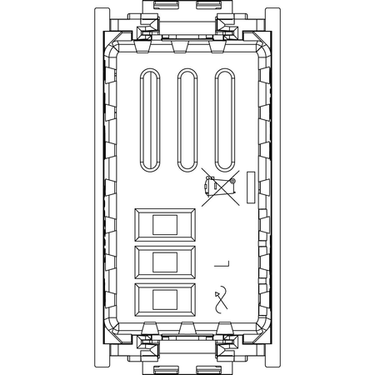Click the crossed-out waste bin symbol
220,187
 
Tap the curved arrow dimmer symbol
221,299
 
